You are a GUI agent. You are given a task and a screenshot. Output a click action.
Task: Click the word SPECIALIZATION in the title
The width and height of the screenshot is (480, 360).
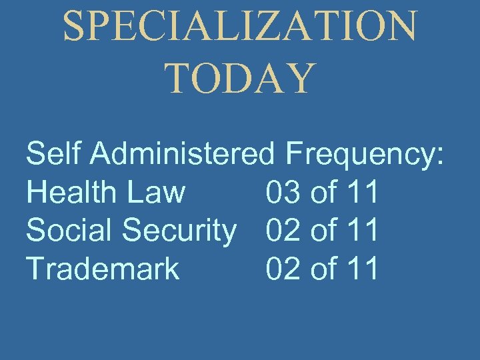240,27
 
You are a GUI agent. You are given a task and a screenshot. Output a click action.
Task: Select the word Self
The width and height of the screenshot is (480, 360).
54,154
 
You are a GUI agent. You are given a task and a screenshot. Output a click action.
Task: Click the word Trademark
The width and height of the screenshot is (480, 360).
103,268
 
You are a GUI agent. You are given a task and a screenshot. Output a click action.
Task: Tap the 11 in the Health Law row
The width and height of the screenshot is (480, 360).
363,192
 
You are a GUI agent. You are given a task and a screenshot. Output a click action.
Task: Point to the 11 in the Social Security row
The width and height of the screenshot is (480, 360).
363,230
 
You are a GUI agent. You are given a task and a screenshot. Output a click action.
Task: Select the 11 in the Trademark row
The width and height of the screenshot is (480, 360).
363,268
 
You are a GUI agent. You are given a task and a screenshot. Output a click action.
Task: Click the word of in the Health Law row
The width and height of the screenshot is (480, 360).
325,192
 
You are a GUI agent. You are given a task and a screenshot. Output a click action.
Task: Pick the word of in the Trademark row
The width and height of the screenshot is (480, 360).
325,268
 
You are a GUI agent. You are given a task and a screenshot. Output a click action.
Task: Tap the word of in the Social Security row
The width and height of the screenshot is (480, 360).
325,230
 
